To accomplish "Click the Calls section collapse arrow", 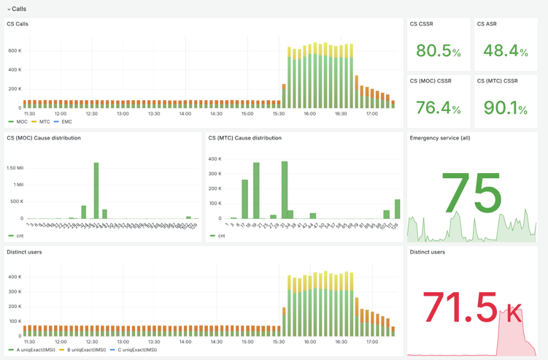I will pyautogui.click(x=9, y=9).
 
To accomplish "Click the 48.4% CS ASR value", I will pyautogui.click(x=505, y=50).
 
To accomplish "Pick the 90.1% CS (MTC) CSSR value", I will pyautogui.click(x=505, y=107).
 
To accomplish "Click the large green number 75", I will pyautogui.click(x=471, y=194).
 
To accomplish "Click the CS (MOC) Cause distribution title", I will pyautogui.click(x=44, y=138).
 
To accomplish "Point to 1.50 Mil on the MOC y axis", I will pyautogui.click(x=15, y=168).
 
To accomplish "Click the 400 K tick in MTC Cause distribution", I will pyautogui.click(x=215, y=158).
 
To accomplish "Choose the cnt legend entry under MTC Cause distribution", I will pyautogui.click(x=221, y=236).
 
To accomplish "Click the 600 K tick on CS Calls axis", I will pyautogui.click(x=15, y=50).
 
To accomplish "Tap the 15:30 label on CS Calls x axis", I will pyautogui.click(x=279, y=114).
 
